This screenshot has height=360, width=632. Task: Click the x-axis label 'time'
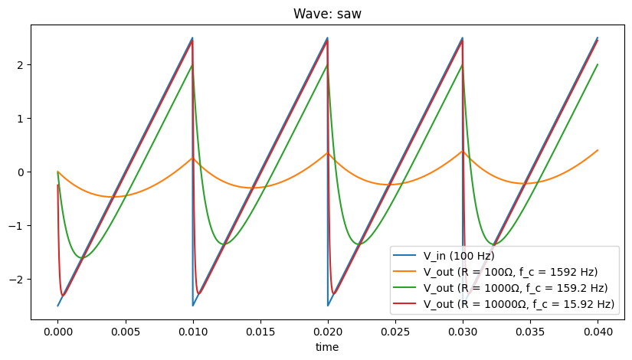point(327,347)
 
